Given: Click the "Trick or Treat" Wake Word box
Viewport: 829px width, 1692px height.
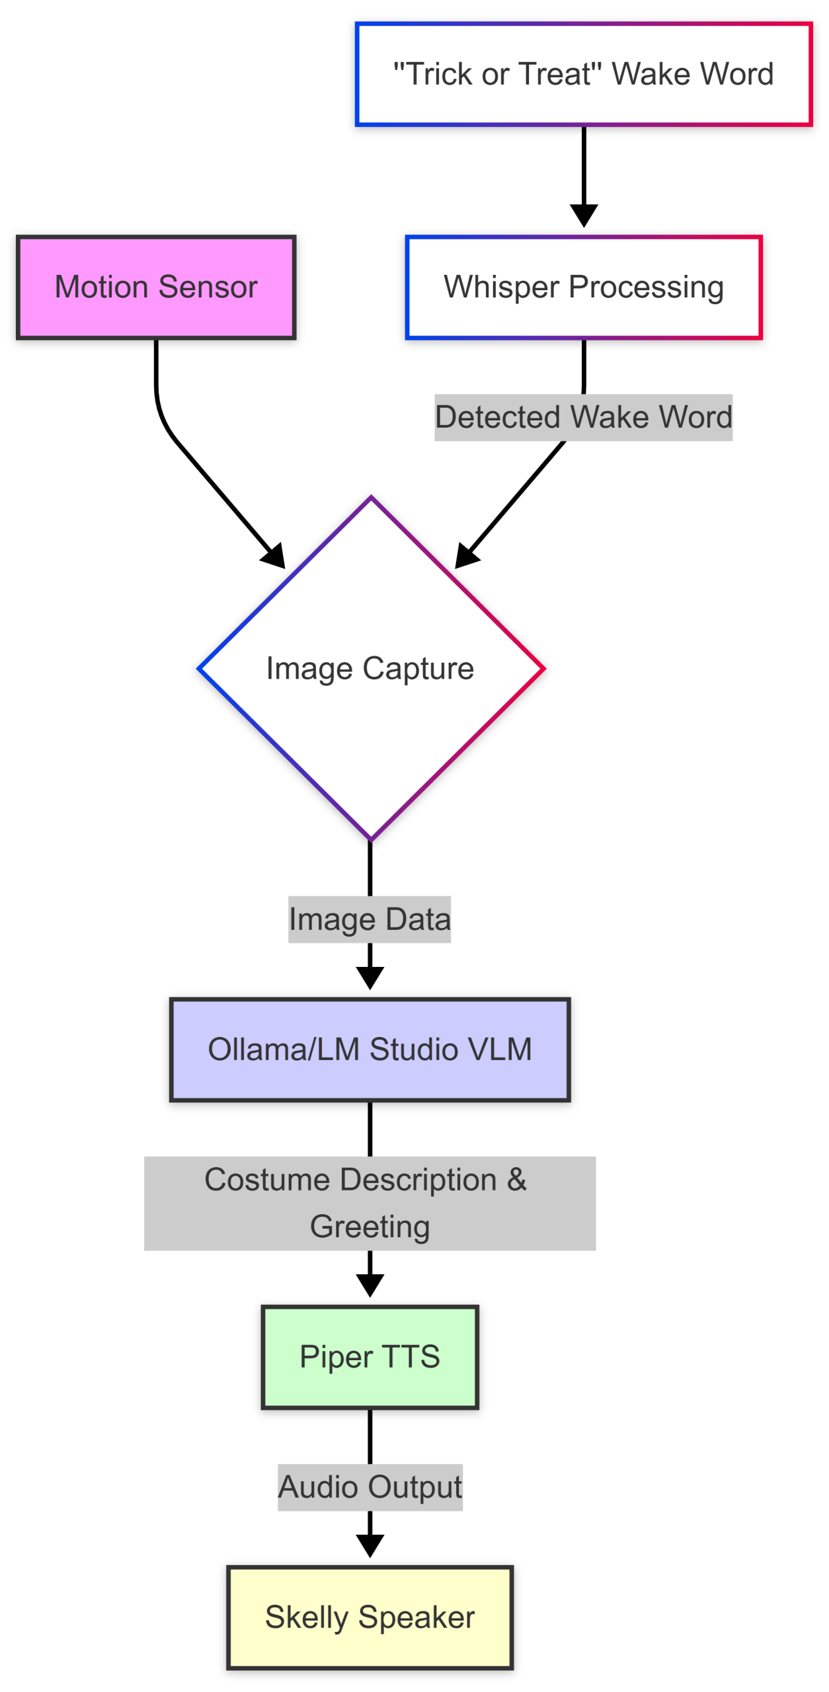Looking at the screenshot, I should click(x=583, y=74).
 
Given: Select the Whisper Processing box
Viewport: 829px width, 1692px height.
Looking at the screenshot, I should click(x=583, y=287).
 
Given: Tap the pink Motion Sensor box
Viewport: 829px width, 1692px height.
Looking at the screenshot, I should click(x=156, y=287).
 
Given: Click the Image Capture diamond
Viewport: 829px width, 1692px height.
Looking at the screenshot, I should click(x=370, y=668).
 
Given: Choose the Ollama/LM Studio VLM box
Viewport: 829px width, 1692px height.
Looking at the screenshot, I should click(x=370, y=1049).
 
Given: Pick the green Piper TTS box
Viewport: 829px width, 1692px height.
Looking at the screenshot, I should click(x=370, y=1356).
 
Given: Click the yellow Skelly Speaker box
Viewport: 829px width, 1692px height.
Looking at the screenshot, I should click(x=370, y=1617).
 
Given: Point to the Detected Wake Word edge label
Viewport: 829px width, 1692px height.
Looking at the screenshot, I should click(x=583, y=417).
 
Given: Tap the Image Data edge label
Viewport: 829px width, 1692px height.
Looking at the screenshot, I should click(x=370, y=919).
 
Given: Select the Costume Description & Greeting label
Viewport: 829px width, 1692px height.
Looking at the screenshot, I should click(x=370, y=1203).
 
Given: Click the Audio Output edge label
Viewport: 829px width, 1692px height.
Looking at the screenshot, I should click(x=370, y=1487).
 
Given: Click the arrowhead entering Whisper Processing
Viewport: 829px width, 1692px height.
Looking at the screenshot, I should click(x=584, y=217).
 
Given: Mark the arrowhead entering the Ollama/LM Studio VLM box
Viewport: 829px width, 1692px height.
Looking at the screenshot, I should click(x=370, y=978).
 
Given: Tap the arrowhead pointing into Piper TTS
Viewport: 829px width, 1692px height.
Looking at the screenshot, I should click(x=370, y=1286).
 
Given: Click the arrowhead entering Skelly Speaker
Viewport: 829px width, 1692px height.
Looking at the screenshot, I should click(x=370, y=1546).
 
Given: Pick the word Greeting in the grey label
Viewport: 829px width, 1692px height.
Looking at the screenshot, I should click(x=370, y=1227).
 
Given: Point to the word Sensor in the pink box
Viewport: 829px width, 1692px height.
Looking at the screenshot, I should click(x=208, y=287).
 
